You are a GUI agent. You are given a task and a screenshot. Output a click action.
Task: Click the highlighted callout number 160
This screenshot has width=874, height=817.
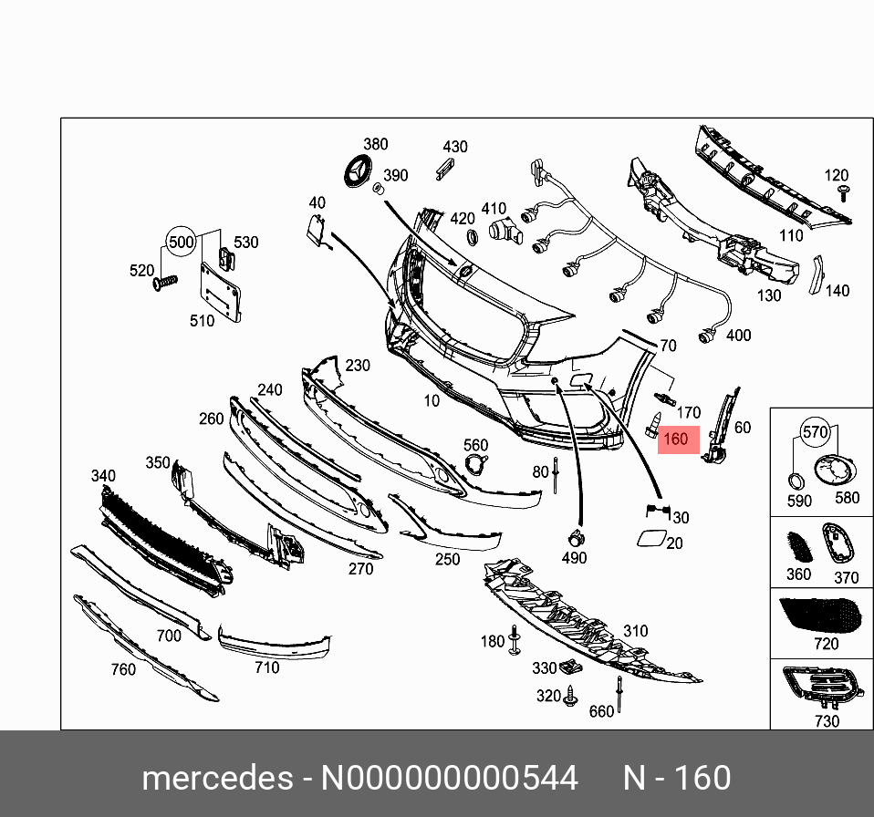coord(675,439)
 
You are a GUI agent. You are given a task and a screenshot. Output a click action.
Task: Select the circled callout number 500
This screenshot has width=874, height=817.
coord(182,242)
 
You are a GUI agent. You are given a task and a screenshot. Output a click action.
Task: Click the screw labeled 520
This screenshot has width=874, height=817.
coord(164,282)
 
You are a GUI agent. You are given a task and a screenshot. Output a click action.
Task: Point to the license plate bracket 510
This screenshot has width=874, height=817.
coord(220,293)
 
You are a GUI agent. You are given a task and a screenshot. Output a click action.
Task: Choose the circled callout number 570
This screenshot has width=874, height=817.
coord(815,431)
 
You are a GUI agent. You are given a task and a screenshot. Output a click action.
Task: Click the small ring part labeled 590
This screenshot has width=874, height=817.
coord(796,480)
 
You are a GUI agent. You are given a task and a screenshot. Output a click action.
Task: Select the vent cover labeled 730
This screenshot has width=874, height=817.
coord(823,688)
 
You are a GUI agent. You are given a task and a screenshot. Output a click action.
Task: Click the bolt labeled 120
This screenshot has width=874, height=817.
coord(844,193)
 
